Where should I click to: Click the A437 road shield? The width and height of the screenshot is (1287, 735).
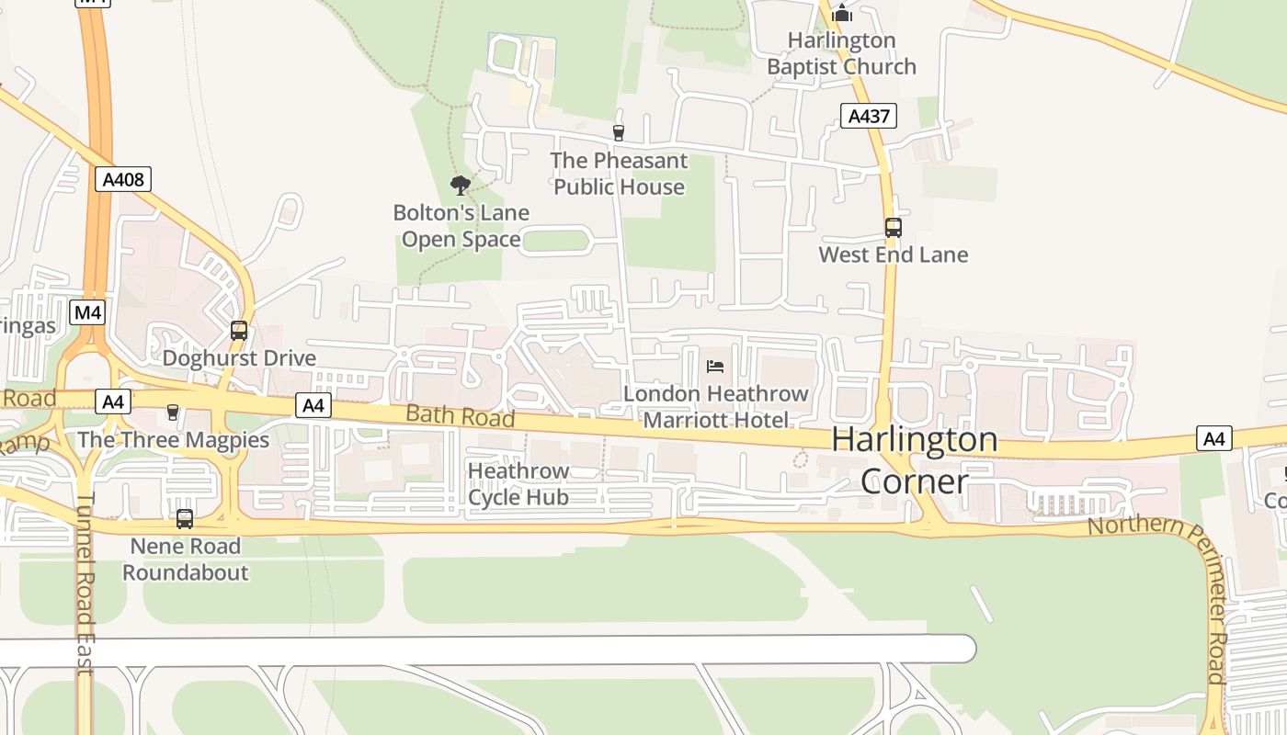[x=868, y=116]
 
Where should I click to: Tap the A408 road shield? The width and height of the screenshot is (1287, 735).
[x=123, y=179]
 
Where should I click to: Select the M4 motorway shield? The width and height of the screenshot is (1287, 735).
[x=88, y=312]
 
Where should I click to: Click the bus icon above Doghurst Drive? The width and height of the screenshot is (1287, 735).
[x=239, y=331]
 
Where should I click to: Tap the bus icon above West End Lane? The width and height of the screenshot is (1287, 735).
[x=893, y=227]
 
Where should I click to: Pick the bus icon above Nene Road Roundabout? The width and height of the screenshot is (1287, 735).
[x=185, y=519]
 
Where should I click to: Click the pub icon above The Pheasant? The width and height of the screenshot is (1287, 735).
[x=618, y=133]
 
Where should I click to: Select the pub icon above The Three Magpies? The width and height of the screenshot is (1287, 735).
[x=173, y=413]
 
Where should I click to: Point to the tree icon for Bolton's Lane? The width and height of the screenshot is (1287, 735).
[x=461, y=186]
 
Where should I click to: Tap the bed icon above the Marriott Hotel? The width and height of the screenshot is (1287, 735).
[x=715, y=367]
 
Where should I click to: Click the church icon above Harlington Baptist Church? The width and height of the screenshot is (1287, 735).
[x=842, y=13]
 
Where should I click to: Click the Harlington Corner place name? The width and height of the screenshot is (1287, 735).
[x=914, y=460]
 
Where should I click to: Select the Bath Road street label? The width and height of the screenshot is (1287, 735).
[x=461, y=415]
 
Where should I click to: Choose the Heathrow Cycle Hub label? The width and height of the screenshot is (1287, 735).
[x=518, y=484]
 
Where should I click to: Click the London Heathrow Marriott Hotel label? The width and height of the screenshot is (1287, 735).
[x=715, y=407]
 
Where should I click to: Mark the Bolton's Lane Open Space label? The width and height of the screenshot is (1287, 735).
[x=461, y=226]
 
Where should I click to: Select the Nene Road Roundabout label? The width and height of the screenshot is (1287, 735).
[x=186, y=560]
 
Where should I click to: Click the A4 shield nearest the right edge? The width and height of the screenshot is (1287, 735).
[x=1214, y=439]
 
